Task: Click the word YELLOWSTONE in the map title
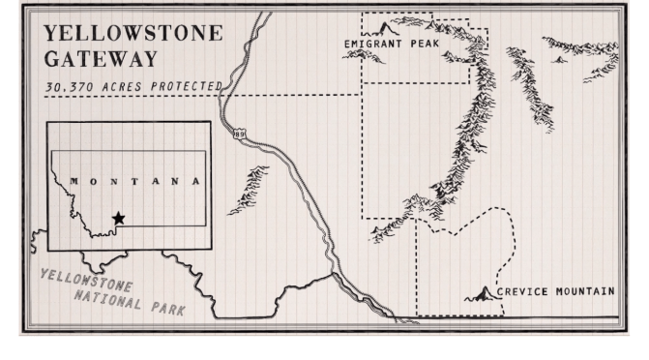133,33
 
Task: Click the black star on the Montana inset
118,219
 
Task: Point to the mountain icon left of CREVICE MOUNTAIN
480,293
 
